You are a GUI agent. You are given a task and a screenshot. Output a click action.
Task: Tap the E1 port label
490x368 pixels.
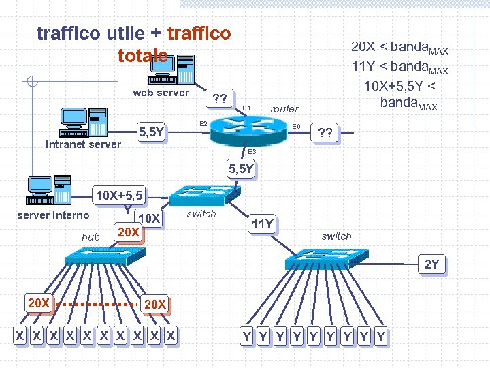pos(246,108)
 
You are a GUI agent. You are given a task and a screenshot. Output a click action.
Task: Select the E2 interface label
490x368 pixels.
pos(202,123)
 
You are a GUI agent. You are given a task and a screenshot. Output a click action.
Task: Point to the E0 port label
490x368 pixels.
pos(296,126)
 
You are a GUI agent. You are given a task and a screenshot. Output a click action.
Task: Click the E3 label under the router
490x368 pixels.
pos(251,151)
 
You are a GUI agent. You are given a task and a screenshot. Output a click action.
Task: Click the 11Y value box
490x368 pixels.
pos(262,224)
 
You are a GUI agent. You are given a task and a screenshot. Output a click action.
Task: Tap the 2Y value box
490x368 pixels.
pos(431,264)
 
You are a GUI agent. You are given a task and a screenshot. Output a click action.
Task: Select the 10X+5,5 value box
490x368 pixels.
pos(119,196)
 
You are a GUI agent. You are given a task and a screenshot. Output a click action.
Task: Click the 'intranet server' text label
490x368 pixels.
pos(83,144)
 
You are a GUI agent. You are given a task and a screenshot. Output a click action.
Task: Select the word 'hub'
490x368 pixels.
pos(91,236)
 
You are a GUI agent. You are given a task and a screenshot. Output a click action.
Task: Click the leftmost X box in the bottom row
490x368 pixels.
pos(21,335)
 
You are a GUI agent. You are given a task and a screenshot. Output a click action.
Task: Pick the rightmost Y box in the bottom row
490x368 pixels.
pos(380,335)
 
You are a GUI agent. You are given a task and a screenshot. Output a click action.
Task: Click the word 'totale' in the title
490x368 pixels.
pos(142,55)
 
